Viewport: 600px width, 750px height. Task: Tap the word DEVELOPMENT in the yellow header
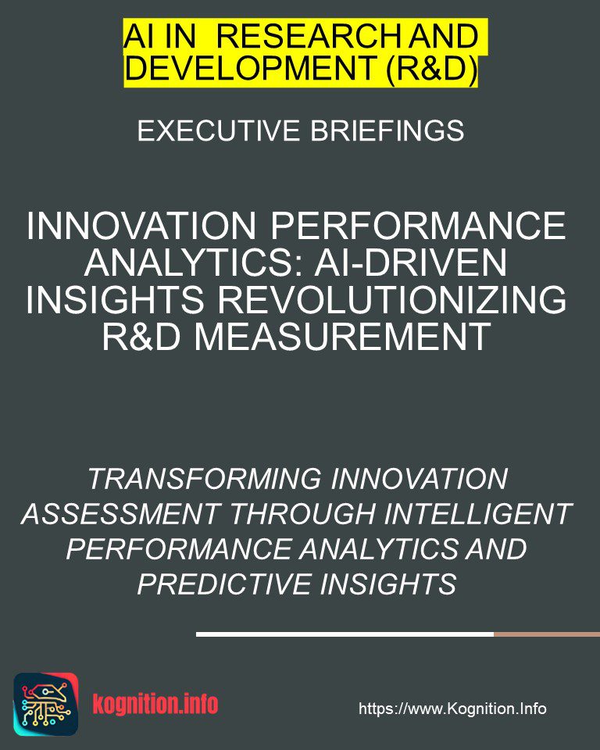coord(249,67)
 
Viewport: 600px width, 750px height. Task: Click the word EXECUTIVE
coord(219,130)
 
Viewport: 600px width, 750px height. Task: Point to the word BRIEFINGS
coord(387,130)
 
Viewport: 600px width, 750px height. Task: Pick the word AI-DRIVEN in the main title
coord(410,262)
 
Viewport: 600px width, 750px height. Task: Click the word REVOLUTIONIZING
coord(392,299)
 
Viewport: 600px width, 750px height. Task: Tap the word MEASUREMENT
coord(343,336)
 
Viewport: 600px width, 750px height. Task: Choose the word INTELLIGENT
coord(478,514)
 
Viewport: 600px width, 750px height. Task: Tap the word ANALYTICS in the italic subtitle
coord(377,549)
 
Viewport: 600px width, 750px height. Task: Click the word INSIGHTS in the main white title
coord(115,299)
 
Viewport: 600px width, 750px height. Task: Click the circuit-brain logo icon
coord(46,704)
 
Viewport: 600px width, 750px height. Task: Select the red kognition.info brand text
coord(155,704)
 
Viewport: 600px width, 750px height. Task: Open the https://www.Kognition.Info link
coord(452,709)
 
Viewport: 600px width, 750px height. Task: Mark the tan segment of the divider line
coord(547,634)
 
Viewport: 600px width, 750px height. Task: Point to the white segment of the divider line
coord(345,634)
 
